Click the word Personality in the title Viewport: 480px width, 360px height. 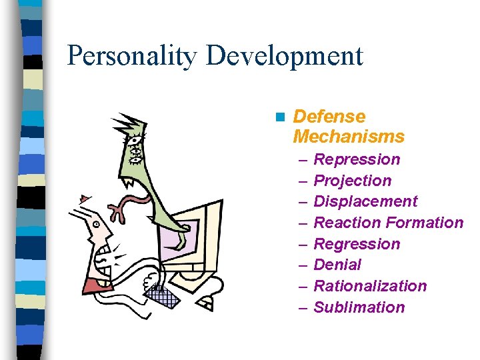click(132, 56)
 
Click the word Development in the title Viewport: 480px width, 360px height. click(285, 56)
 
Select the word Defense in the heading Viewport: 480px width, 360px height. click(329, 117)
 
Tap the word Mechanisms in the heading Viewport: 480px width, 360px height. click(349, 137)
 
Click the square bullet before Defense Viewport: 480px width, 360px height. click(279, 117)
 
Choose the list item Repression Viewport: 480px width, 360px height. click(357, 159)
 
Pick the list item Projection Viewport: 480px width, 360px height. click(353, 181)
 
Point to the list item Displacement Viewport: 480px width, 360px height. click(365, 201)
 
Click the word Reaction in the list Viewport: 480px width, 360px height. click(342, 223)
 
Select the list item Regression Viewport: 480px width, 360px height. click(357, 244)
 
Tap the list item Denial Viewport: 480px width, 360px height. click(337, 265)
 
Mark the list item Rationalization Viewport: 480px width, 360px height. click(370, 286)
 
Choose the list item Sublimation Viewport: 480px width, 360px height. click(359, 307)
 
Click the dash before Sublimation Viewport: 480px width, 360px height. click(303, 307)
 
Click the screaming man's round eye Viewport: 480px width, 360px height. click(97, 225)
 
